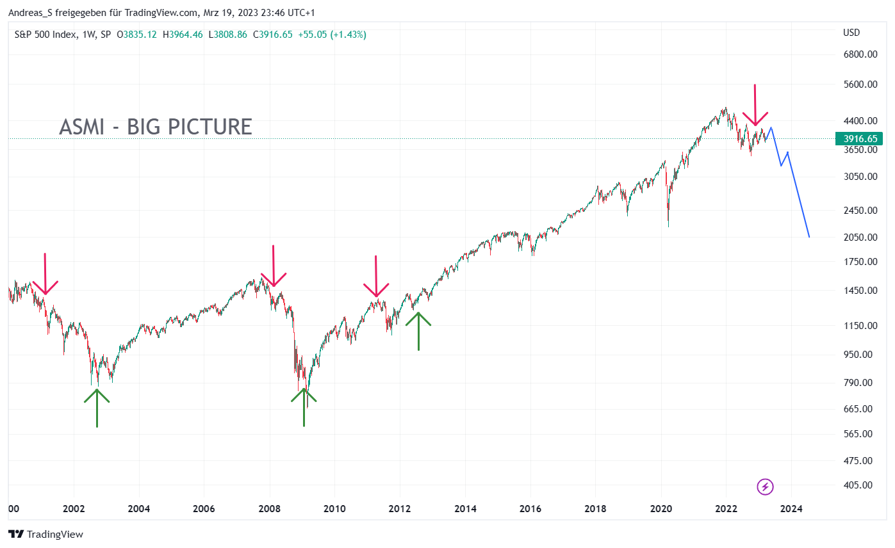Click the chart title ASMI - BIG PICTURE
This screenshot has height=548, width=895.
156,127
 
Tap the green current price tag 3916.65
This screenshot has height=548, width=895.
858,139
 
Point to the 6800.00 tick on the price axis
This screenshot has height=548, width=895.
860,54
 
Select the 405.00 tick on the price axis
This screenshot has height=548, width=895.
857,485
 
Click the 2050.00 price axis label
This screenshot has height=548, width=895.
860,238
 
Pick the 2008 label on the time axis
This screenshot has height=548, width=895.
269,510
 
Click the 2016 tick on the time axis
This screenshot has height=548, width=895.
530,510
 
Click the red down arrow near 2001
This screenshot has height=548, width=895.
45,275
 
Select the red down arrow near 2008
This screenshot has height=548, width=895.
274,267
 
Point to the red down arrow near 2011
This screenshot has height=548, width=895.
376,277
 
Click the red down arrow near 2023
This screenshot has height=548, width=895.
755,106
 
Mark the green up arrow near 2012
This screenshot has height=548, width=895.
418,330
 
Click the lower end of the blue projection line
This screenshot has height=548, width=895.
809,237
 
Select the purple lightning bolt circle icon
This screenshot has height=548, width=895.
765,487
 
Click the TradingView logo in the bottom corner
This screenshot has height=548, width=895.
45,534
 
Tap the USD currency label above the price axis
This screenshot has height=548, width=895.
851,33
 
